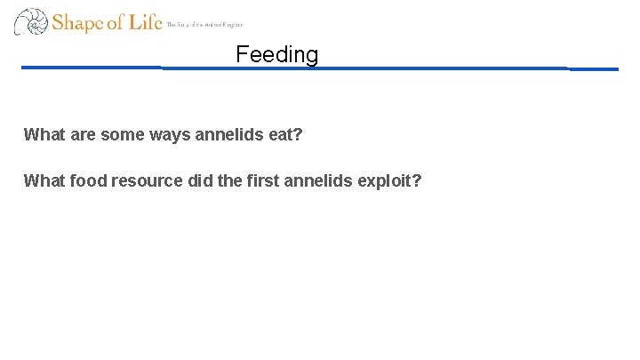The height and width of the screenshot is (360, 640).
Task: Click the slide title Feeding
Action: [x=276, y=54]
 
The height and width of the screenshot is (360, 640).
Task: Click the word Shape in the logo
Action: [x=77, y=22]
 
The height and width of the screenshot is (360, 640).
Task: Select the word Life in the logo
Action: [x=145, y=22]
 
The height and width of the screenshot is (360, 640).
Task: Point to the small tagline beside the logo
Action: [x=204, y=25]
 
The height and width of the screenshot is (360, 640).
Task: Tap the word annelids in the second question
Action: [x=318, y=180]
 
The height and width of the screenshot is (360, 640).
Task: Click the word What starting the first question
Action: [x=43, y=135]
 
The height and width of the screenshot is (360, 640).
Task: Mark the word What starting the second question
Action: [x=43, y=180]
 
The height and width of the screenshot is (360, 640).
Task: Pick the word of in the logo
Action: [x=116, y=22]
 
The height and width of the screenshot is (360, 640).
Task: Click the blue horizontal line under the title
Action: [x=356, y=68]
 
